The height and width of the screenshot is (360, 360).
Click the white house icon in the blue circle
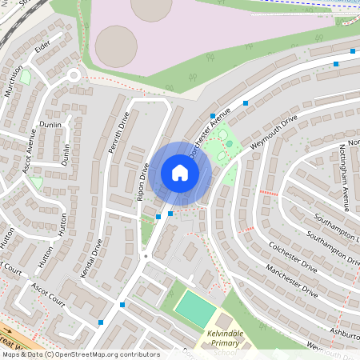180,173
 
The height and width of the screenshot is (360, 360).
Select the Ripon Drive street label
145,182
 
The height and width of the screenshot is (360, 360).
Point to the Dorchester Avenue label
209,131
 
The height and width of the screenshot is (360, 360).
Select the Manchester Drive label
292,282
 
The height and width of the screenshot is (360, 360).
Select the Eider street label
42,50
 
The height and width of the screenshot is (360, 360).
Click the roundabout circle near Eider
73,76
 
